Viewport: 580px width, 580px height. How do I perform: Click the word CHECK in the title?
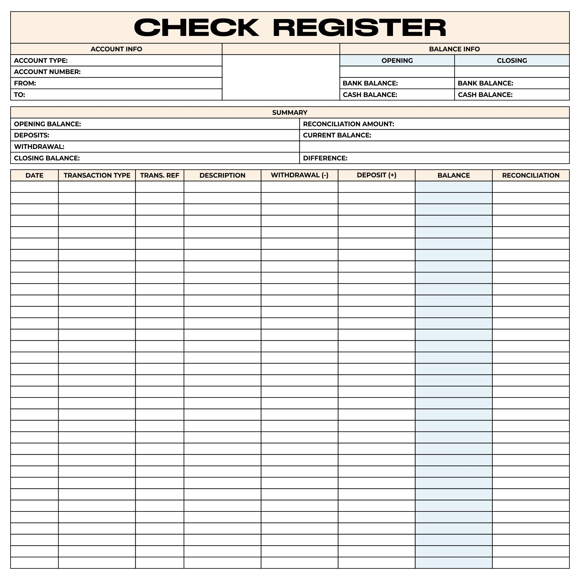196,27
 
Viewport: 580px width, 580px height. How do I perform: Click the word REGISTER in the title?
359,27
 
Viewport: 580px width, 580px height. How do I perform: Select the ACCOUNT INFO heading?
116,49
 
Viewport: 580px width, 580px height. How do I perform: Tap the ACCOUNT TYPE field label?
41,60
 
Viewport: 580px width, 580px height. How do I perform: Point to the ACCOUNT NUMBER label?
47,72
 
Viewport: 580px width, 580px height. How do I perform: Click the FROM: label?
25,83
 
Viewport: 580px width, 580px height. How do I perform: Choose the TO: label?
19,95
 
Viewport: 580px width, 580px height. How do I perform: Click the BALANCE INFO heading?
454,49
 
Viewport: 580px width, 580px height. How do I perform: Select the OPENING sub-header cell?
397,60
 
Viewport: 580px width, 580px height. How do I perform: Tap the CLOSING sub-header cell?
512,60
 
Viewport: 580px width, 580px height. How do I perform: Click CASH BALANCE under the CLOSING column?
485,95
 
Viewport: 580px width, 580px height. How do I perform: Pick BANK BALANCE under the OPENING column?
370,83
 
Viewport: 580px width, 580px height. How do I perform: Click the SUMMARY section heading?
290,112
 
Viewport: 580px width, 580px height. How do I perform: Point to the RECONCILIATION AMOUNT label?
348,124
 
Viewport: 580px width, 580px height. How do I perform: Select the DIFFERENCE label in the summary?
325,158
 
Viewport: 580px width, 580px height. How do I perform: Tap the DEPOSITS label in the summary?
31,135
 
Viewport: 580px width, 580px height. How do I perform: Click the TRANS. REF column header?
159,175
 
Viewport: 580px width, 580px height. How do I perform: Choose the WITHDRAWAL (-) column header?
299,175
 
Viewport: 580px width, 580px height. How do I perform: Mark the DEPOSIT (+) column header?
376,175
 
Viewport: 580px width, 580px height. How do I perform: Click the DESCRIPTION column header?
222,175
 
